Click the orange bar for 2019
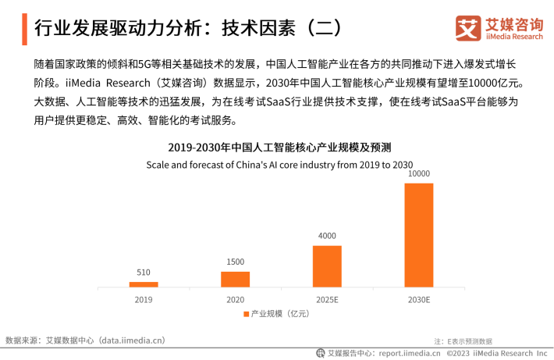pos(144,284)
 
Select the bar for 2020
pos(235,279)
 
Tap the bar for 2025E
pos(327,266)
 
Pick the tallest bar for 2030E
pos(419,234)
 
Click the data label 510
pos(144,273)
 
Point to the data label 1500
pos(235,262)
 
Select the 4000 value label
pos(327,236)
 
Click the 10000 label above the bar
pos(419,173)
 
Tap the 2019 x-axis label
pos(144,299)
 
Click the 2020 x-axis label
pos(235,299)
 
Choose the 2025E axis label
pos(327,299)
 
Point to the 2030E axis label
pos(419,299)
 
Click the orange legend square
pos(246,314)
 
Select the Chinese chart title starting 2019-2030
pos(279,148)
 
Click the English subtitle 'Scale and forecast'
pos(279,165)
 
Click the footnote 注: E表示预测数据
pos(463,341)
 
